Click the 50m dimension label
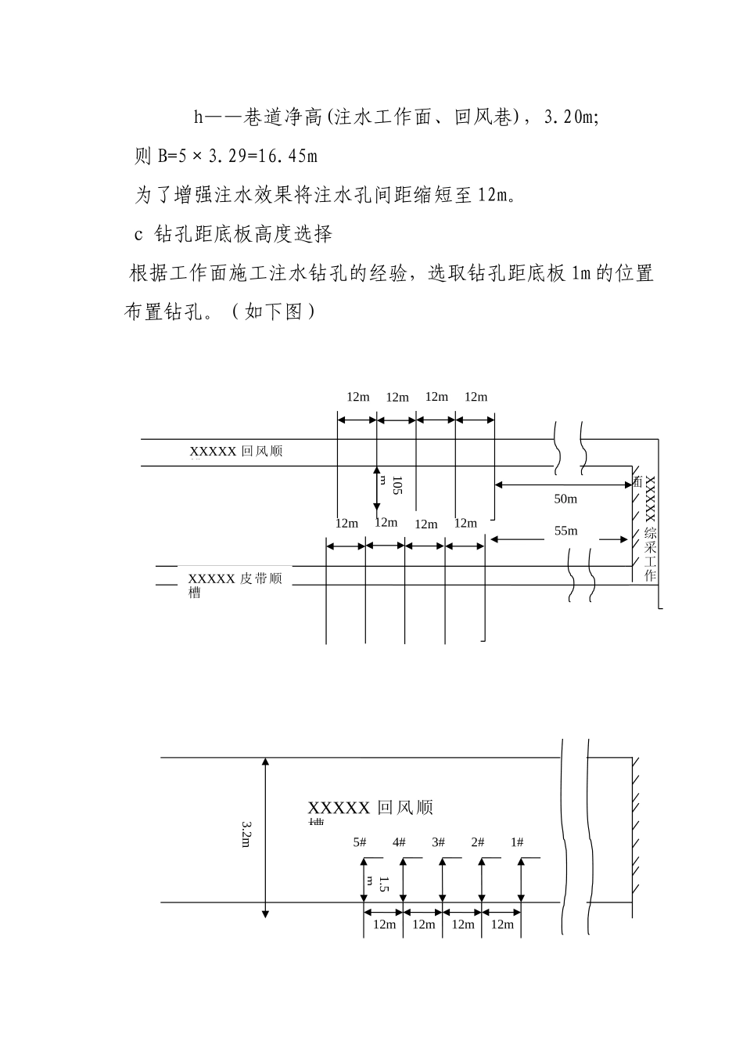565,499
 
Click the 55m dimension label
565,531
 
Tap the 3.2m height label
246,836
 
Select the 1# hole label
517,842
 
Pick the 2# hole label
477,842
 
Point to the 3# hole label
438,842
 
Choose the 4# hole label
399,842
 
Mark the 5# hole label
360,842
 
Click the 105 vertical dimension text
397,485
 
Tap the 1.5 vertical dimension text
383,884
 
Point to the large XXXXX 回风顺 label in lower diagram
370,808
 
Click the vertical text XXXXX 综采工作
650,528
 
